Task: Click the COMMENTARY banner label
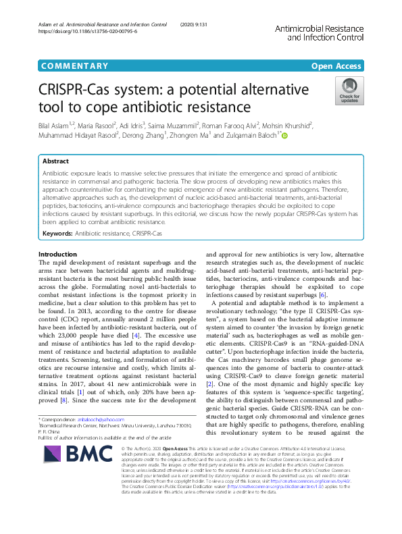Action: (74, 65)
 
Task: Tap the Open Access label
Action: (336, 65)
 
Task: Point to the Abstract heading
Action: (55, 162)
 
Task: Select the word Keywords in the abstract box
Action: (57, 233)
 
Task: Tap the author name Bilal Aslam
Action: (57, 125)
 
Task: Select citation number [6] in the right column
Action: (323, 295)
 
